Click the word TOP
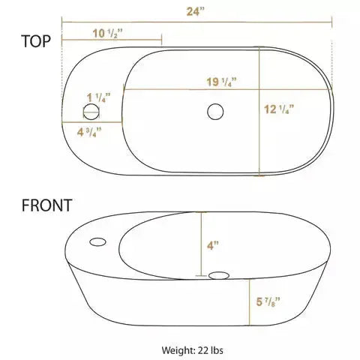point(36,41)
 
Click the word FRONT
point(47,205)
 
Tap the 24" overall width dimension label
point(195,11)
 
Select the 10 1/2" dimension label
point(108,34)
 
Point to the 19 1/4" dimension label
point(221,82)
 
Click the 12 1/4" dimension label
point(279,109)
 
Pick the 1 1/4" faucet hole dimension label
point(98,97)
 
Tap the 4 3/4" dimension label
point(89,132)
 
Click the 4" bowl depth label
point(213,245)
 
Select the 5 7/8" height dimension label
point(268,301)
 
